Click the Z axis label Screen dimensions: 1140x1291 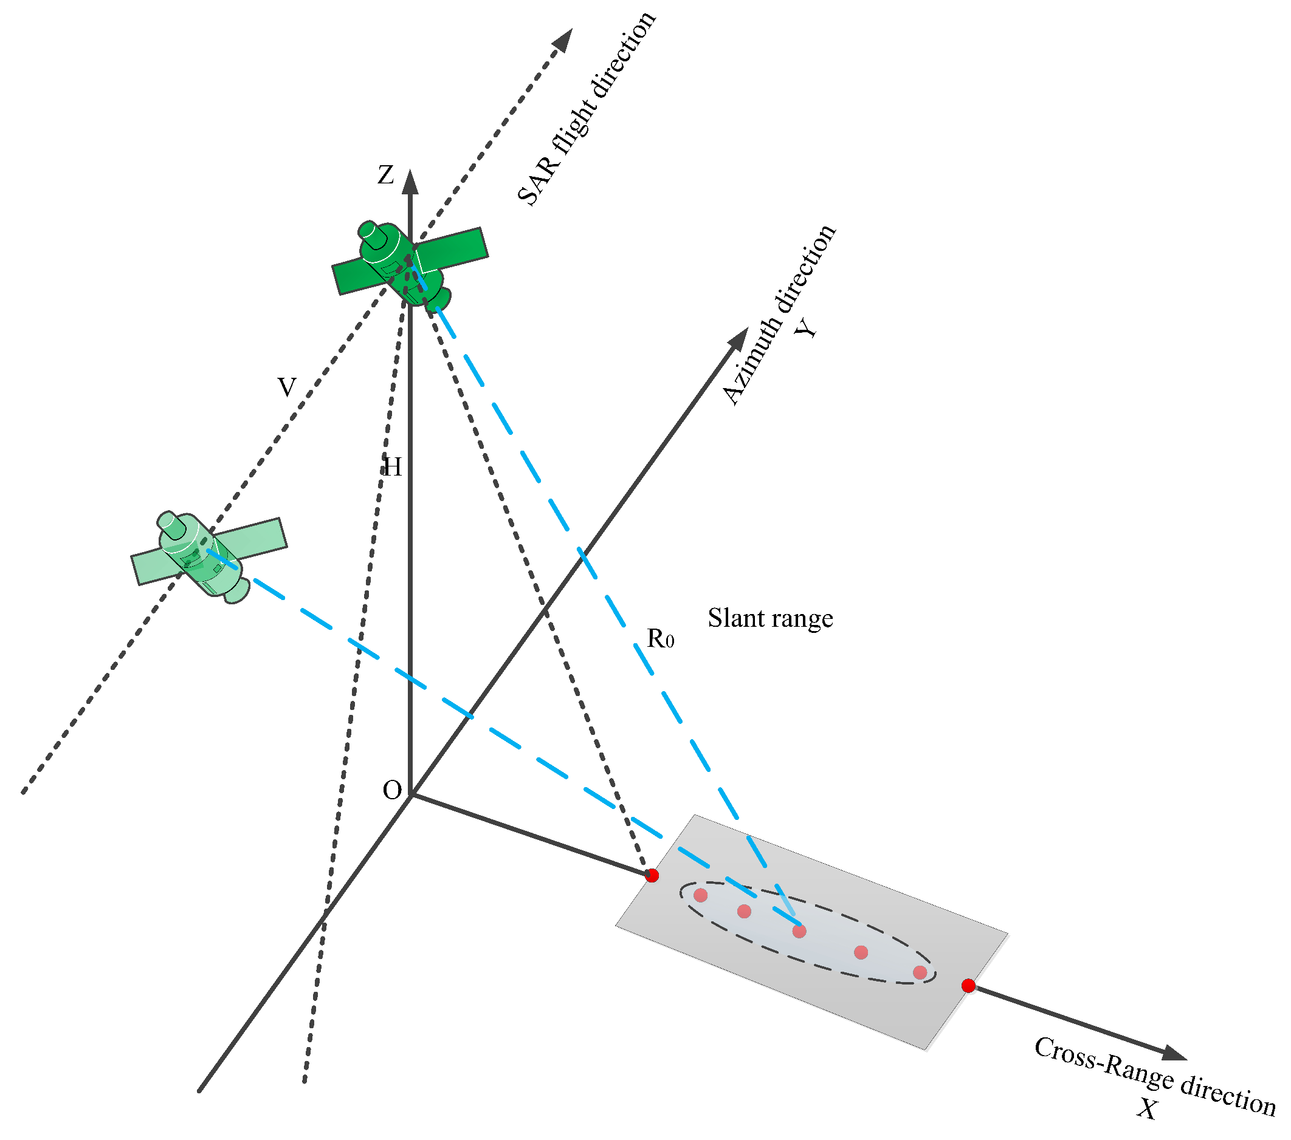(386, 175)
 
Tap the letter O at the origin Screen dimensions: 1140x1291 (392, 790)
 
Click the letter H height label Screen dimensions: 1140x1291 (392, 467)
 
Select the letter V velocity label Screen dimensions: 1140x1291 (287, 387)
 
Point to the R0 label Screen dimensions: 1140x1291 (660, 639)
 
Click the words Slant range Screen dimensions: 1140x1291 (770, 618)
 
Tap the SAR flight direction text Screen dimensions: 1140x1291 (585, 109)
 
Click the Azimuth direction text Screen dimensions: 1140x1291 (778, 315)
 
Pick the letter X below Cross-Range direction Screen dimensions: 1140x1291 (1147, 1108)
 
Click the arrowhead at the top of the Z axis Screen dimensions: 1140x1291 (410, 182)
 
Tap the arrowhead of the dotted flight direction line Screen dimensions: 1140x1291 (563, 39)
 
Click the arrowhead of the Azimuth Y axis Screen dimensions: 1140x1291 (738, 338)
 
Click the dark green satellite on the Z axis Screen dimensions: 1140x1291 (409, 264)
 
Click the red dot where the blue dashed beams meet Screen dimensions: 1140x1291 (799, 931)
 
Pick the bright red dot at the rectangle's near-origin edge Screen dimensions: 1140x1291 (652, 876)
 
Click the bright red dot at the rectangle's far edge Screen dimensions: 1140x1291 (968, 985)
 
